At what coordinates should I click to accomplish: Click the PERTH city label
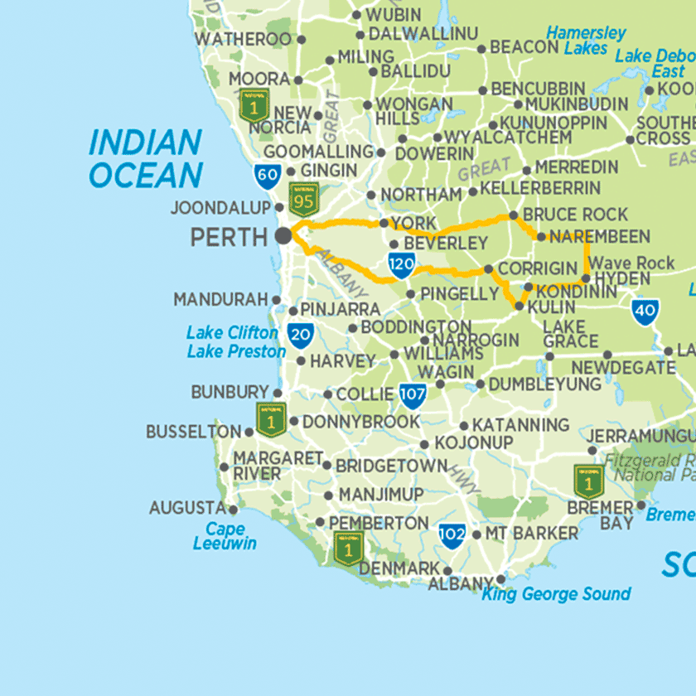click(230, 238)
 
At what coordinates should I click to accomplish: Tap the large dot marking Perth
click(283, 235)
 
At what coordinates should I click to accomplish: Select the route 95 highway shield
click(303, 200)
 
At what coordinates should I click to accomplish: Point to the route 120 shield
click(401, 265)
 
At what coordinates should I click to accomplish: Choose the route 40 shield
click(645, 312)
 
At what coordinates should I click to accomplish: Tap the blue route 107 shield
click(412, 395)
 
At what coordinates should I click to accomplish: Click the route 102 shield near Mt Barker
click(452, 534)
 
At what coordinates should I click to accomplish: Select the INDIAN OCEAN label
click(145, 158)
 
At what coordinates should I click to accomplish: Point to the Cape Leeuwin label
click(225, 536)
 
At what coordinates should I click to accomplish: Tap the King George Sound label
click(556, 594)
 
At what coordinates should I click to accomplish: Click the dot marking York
click(384, 224)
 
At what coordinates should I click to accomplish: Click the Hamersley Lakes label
click(586, 41)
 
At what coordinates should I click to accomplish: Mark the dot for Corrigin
click(488, 268)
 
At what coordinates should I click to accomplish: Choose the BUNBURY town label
click(230, 392)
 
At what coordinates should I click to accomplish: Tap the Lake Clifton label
click(232, 333)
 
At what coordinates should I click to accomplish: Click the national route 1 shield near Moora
click(254, 105)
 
